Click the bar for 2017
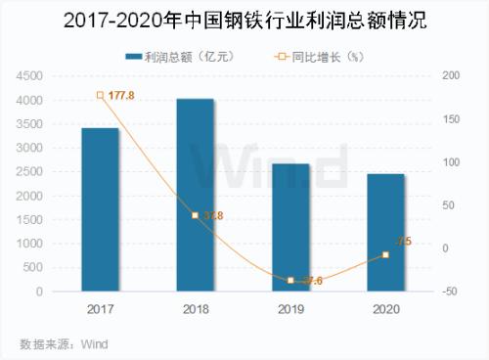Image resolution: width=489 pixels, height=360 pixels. (100, 209)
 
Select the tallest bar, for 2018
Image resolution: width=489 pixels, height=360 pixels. (195, 195)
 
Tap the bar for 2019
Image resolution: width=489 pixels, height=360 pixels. (290, 227)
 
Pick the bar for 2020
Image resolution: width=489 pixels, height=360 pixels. (385, 233)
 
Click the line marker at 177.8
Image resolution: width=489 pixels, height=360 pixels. (100, 95)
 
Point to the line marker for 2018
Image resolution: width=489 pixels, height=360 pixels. (195, 215)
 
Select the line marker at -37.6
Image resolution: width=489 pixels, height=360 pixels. (290, 281)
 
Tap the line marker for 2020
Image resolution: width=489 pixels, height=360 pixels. (385, 255)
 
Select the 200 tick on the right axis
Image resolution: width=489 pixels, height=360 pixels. (452, 76)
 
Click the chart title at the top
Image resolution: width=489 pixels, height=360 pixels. (244, 20)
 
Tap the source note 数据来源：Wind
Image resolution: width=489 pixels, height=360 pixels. (64, 343)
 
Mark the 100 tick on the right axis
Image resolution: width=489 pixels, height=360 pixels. (452, 162)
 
